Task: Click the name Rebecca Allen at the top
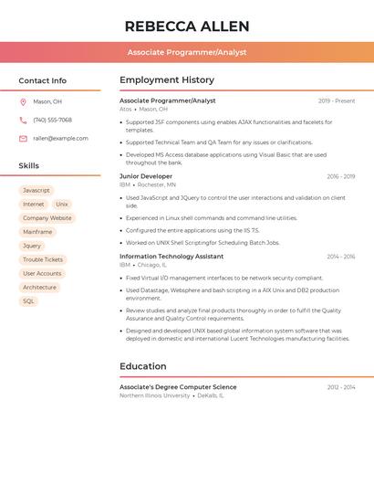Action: pos(187,26)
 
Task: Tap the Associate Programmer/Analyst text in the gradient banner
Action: pos(187,52)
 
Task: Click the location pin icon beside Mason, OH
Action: pos(23,101)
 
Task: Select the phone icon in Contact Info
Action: pos(23,120)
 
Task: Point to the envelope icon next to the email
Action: pos(23,139)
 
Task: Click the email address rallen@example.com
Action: pos(60,139)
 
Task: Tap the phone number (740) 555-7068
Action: pos(52,120)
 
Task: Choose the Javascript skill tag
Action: pos(36,190)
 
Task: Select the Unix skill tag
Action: pos(62,205)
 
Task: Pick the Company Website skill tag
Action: pos(47,218)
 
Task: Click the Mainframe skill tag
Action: pos(37,232)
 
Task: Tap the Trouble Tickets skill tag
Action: pos(43,259)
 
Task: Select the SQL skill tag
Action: pos(28,300)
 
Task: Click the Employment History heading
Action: pos(167,80)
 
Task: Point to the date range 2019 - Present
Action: pos(337,101)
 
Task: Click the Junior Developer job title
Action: pos(146,176)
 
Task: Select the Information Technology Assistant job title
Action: pos(171,257)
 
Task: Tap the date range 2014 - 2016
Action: pos(341,257)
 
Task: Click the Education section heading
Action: pos(143,366)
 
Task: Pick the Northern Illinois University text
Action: pos(155,395)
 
